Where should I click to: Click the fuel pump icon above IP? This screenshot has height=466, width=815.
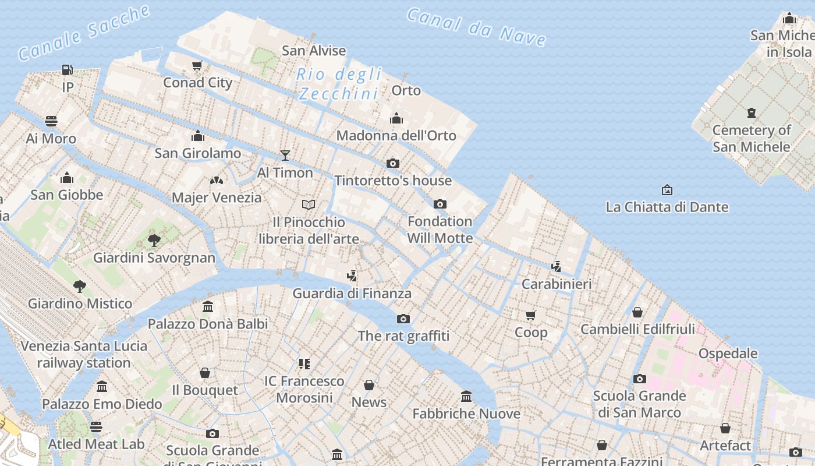[68, 70]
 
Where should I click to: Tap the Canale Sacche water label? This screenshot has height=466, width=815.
[84, 33]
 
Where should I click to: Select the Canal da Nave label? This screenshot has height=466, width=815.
[476, 27]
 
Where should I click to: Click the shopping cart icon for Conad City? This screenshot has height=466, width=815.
[197, 65]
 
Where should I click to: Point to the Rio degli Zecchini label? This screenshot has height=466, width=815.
[339, 84]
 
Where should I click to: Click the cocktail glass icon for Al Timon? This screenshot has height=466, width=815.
[285, 155]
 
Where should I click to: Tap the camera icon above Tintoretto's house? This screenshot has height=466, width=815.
[393, 163]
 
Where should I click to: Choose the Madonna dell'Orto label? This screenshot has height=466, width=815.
[396, 135]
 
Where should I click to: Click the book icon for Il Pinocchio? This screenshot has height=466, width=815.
[309, 204]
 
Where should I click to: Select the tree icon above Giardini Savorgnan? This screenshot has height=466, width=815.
[154, 240]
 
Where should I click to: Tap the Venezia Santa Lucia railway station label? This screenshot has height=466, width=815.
[84, 354]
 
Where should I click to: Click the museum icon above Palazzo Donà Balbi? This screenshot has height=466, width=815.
[208, 306]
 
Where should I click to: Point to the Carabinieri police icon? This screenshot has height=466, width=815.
[557, 266]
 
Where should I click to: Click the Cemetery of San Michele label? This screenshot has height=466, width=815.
[751, 138]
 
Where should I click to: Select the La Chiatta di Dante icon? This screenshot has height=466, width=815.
[667, 190]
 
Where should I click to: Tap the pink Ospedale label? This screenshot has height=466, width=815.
[728, 353]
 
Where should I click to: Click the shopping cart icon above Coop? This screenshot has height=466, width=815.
[530, 315]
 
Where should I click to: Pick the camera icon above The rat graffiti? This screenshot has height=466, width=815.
[403, 319]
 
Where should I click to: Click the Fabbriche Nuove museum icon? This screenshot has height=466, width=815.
[466, 396]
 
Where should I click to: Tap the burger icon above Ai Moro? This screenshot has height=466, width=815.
[51, 121]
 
